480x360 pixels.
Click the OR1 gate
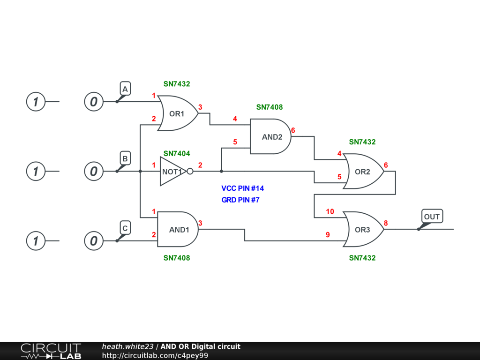point(177,113)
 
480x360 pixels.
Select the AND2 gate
point(271,136)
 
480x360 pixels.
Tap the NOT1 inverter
point(172,172)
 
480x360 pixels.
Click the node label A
point(125,89)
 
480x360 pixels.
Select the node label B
point(125,158)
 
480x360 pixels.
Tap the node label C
point(125,228)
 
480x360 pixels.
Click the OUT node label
point(432,217)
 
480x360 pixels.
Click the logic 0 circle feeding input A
point(94,101)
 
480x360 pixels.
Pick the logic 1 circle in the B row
point(35,172)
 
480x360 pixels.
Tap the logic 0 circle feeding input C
point(94,241)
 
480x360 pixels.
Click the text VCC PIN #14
point(243,188)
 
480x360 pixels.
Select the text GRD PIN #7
point(240,200)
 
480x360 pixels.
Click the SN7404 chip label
point(177,153)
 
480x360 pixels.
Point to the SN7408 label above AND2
point(270,107)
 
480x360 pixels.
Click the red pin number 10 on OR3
point(330,211)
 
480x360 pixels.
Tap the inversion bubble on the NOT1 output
point(190,172)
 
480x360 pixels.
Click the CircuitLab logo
point(51,351)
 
